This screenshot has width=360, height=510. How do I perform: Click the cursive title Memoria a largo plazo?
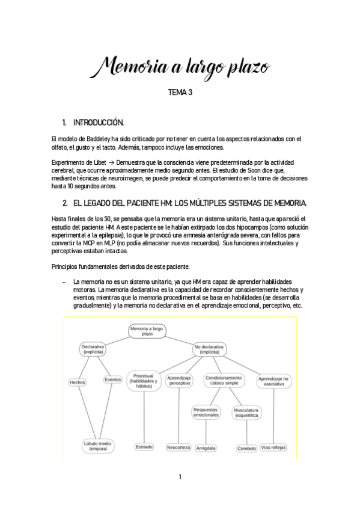point(180,66)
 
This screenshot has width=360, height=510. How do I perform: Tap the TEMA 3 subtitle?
point(179,93)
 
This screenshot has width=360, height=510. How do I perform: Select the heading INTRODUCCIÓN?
point(97,123)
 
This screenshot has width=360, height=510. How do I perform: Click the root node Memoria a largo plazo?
point(147,332)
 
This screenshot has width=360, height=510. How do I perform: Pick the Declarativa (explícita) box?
point(93,350)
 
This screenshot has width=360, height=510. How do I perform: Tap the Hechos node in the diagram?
point(78,382)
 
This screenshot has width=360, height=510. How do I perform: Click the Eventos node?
point(113,379)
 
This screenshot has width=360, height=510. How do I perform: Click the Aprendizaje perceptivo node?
point(180,381)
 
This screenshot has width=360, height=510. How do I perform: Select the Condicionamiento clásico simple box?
point(224,381)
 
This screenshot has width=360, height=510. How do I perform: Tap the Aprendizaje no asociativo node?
point(273,381)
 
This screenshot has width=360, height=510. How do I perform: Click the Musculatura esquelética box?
point(246,412)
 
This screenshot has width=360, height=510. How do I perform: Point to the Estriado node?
point(144,447)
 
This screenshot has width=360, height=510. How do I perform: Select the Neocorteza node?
point(179,447)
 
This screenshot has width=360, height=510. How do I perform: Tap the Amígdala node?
point(206,448)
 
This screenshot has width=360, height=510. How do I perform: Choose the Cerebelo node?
point(246,448)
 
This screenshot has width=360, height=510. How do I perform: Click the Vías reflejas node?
point(273,447)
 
